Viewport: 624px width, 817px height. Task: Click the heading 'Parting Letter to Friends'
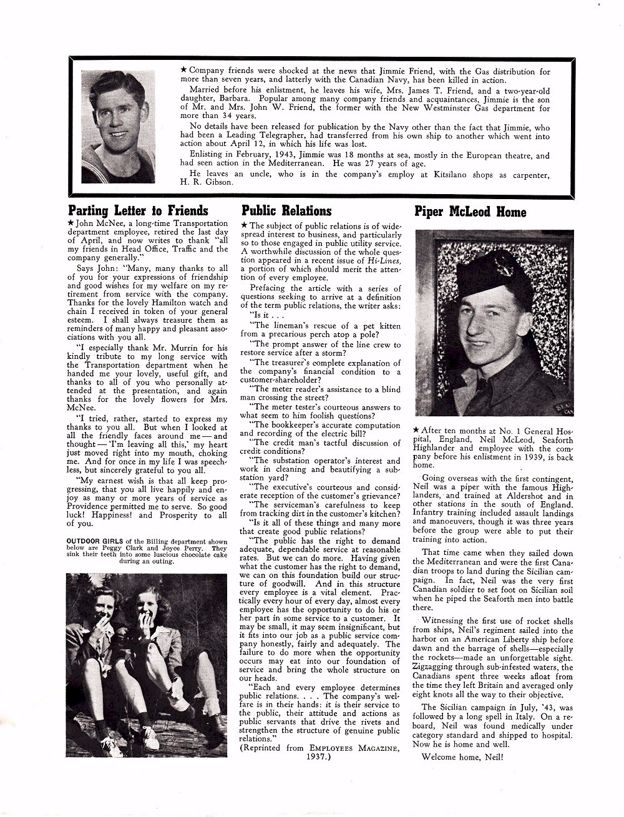click(x=138, y=210)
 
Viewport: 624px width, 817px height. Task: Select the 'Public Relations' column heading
click(x=286, y=210)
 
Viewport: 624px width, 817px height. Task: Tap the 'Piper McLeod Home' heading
click(x=470, y=212)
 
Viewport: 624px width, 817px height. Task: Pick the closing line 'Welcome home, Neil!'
click(x=462, y=758)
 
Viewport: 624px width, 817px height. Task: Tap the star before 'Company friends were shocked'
click(x=183, y=71)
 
